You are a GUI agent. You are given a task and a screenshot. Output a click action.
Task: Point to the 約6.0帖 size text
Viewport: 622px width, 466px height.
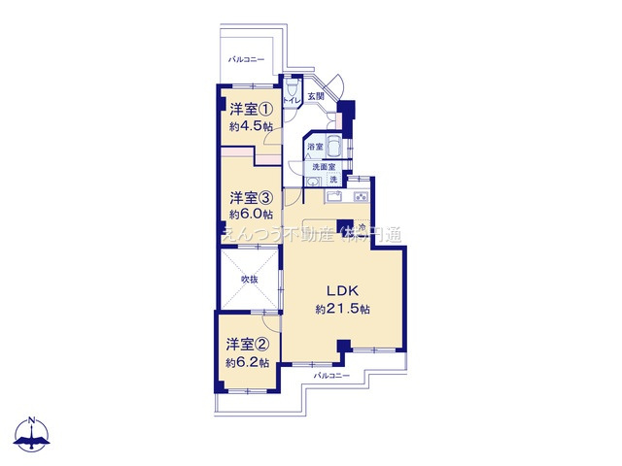pyautogui.click(x=251, y=214)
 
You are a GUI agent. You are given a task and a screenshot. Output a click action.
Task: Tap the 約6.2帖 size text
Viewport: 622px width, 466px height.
pyautogui.click(x=249, y=362)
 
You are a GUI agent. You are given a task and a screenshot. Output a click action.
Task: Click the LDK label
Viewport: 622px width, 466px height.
pyautogui.click(x=343, y=291)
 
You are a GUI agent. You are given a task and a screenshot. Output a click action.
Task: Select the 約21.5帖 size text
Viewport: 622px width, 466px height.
pyautogui.click(x=343, y=309)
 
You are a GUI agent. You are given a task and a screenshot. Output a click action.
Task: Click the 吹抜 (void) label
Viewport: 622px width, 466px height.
pyautogui.click(x=250, y=280)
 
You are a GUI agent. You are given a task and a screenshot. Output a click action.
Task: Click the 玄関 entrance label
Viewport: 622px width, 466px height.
pyautogui.click(x=316, y=97)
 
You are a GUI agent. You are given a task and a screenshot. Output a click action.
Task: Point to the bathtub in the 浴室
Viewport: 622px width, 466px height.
pyautogui.click(x=331, y=148)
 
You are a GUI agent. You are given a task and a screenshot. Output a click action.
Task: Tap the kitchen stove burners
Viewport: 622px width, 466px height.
pyautogui.click(x=361, y=198)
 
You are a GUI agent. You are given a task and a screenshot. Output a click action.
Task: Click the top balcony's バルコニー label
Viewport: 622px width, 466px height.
pyautogui.click(x=246, y=59)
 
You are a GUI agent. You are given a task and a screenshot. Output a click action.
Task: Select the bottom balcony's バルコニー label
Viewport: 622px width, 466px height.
pyautogui.click(x=331, y=375)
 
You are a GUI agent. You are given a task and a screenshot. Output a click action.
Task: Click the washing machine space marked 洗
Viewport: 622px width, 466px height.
pyautogui.click(x=332, y=180)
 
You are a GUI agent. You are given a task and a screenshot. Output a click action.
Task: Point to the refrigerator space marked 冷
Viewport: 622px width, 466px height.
pyautogui.click(x=361, y=228)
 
